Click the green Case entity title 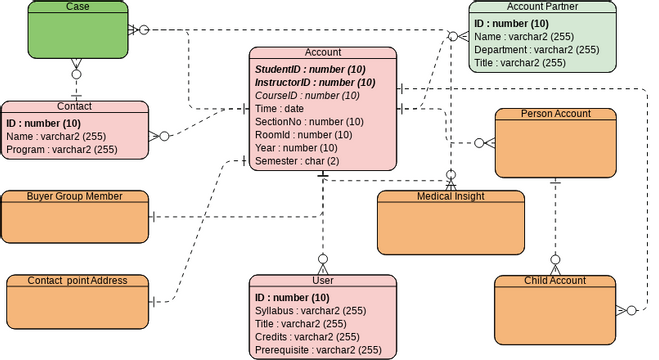point(77,7)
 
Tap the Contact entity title point(75,105)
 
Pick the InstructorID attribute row point(315,82)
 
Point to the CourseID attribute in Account point(307,95)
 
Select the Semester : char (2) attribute point(297,160)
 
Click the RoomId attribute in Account point(303,134)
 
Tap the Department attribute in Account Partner point(536,49)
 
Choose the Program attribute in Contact point(62,149)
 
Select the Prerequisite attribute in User point(317,350)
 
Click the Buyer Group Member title point(75,196)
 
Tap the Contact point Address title point(78,280)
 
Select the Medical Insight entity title point(450,196)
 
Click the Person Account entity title point(556,114)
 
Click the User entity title point(323,281)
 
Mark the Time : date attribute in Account point(280,108)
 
